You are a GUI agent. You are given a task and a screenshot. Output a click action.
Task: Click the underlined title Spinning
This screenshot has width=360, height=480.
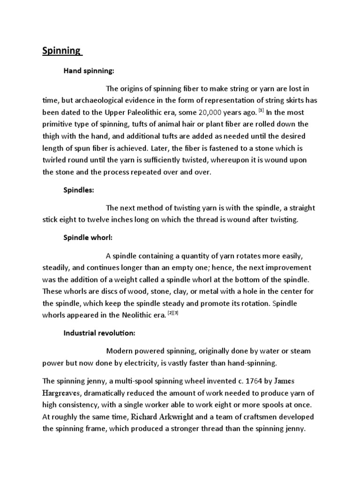pyautogui.click(x=61, y=51)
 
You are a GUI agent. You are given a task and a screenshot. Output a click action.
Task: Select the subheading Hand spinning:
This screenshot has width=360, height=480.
pyautogui.click(x=89, y=71)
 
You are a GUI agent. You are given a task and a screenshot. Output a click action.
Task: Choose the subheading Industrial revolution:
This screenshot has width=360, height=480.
pyautogui.click(x=99, y=333)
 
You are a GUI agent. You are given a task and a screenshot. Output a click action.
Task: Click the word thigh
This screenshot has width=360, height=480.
pyautogui.click(x=52, y=136)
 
